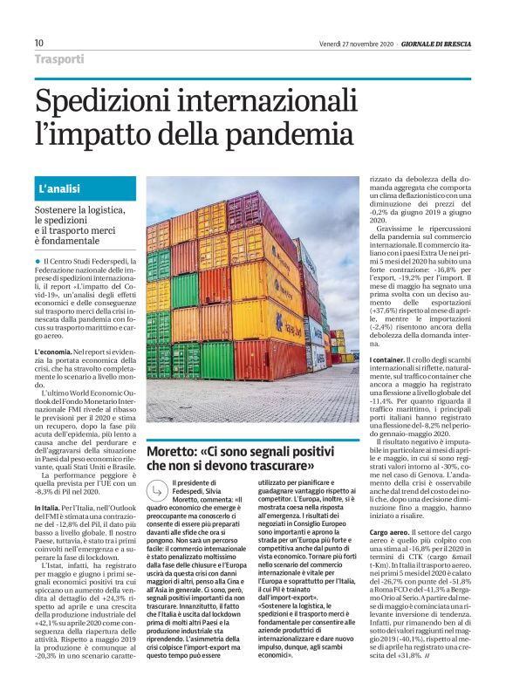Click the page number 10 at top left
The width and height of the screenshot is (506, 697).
[39, 43]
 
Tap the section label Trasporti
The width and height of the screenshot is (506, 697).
[59, 60]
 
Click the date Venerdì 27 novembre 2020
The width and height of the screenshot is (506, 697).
[355, 43]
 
